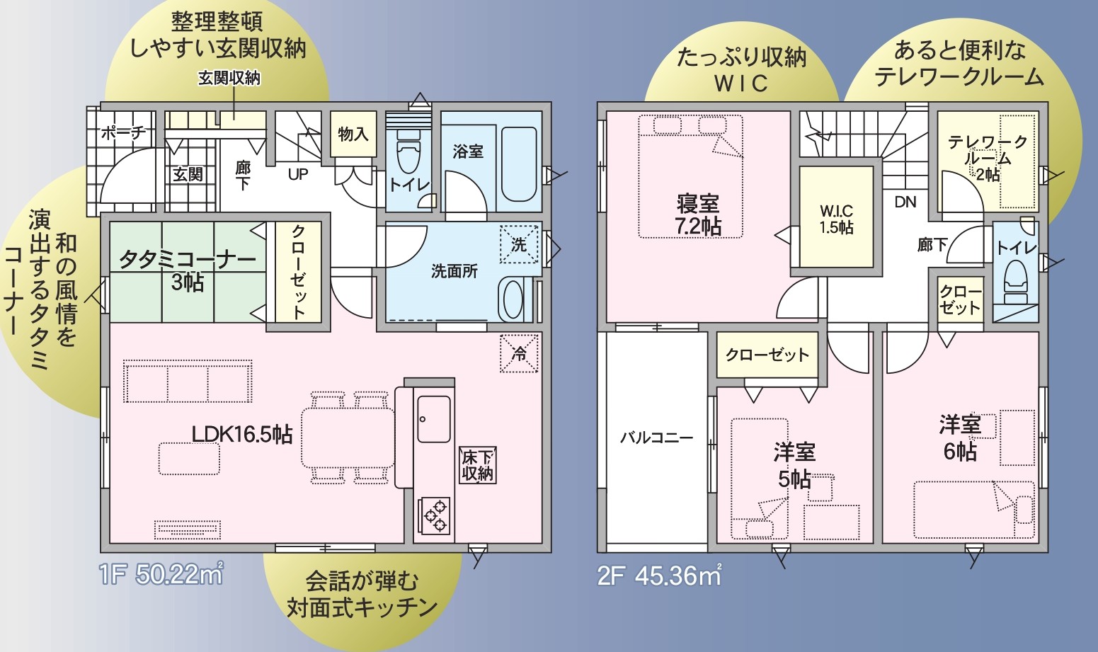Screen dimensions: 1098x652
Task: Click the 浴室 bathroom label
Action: (x=468, y=151)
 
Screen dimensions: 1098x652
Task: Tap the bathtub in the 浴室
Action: (x=519, y=164)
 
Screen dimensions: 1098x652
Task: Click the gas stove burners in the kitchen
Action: (x=434, y=515)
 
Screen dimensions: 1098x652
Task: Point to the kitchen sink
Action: (x=434, y=419)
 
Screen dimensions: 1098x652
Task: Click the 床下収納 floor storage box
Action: (x=477, y=464)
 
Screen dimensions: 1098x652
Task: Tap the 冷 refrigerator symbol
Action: (x=519, y=353)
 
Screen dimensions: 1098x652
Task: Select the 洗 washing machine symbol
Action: (x=519, y=244)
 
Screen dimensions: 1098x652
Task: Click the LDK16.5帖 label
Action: (x=241, y=435)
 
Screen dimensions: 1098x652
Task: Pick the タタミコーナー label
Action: (x=188, y=259)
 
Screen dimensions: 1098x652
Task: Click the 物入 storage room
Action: (x=353, y=134)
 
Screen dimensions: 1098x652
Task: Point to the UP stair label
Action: (x=298, y=175)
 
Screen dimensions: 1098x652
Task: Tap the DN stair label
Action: (x=905, y=202)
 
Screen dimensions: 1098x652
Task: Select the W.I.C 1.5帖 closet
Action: (x=837, y=217)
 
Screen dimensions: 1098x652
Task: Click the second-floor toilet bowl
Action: (x=1016, y=282)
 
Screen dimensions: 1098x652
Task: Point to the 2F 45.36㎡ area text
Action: (x=659, y=576)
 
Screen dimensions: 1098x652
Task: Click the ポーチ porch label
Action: (x=123, y=132)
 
